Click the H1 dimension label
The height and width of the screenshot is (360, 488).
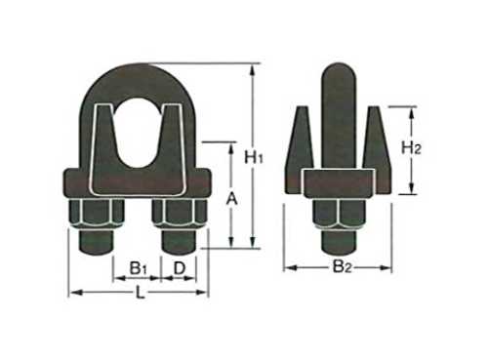pyautogui.click(x=254, y=158)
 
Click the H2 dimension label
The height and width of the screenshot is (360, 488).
pyautogui.click(x=411, y=148)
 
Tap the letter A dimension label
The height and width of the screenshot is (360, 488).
pyautogui.click(x=232, y=199)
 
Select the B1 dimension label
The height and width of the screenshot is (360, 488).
pyautogui.click(x=139, y=269)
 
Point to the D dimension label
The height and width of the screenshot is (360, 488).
pyautogui.click(x=180, y=268)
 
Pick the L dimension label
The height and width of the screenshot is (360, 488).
pyautogui.click(x=140, y=294)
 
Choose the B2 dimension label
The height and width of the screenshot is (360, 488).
pyautogui.click(x=342, y=267)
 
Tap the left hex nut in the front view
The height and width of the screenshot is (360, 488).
pyautogui.click(x=97, y=214)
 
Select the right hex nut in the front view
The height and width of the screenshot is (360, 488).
pyautogui.click(x=180, y=214)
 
